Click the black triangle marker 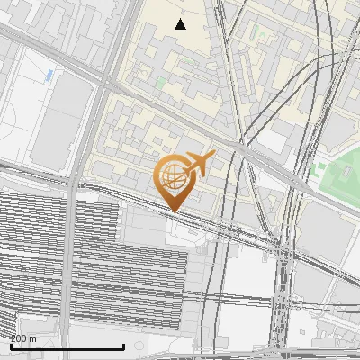click(x=180, y=24)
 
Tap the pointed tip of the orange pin click(x=173, y=211)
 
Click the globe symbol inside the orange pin click(x=173, y=175)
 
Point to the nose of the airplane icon click(x=213, y=155)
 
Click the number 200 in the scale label click(x=18, y=338)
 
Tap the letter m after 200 click(x=33, y=338)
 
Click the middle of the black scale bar click(x=67, y=346)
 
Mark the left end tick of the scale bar click(x=10, y=346)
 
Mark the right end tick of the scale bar click(x=123, y=346)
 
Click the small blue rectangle click(x=49, y=73)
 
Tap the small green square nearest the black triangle click(x=161, y=82)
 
